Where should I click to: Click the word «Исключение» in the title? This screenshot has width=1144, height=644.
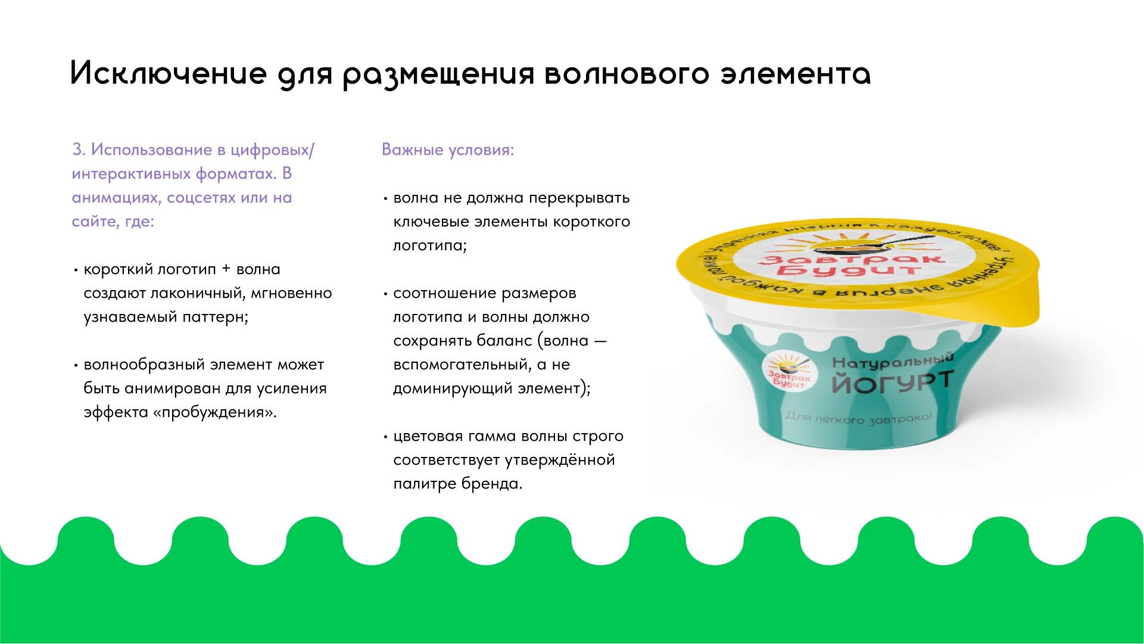[169, 74]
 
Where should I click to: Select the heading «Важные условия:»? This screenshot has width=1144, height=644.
[447, 150]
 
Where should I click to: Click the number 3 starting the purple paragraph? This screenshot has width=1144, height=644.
[77, 150]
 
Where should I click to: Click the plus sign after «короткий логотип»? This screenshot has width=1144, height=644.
[226, 269]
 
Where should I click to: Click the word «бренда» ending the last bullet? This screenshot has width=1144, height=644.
[491, 484]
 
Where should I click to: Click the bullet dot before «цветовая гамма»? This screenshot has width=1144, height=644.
[386, 437]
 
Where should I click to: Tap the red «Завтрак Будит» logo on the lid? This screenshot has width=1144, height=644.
[852, 263]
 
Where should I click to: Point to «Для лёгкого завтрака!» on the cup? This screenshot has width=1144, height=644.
[858, 418]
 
